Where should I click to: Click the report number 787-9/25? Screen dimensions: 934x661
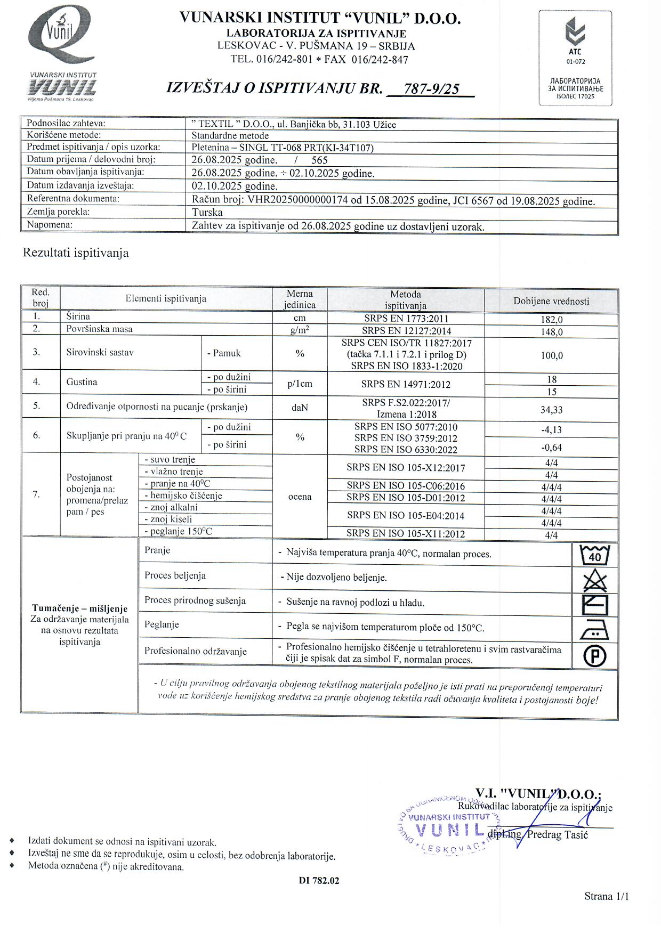tap(431, 88)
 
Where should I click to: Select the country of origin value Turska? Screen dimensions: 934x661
tap(207, 212)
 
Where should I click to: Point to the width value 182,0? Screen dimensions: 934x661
tap(551, 320)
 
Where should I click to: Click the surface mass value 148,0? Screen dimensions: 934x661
tap(551, 332)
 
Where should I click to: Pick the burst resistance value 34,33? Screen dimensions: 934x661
tap(551, 410)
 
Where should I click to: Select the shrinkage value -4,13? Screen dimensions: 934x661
tap(551, 430)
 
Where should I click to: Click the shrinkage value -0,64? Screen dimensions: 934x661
tap(551, 448)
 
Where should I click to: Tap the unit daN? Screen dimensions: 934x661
tap(300, 408)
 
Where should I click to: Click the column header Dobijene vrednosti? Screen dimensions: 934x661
tap(551, 301)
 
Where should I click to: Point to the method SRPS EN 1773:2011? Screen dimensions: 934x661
tap(405, 319)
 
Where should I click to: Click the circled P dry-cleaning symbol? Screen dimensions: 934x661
tap(594, 656)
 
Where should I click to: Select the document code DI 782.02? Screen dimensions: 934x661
tap(319, 881)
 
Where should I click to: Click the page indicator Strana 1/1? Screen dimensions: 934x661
tap(606, 896)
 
